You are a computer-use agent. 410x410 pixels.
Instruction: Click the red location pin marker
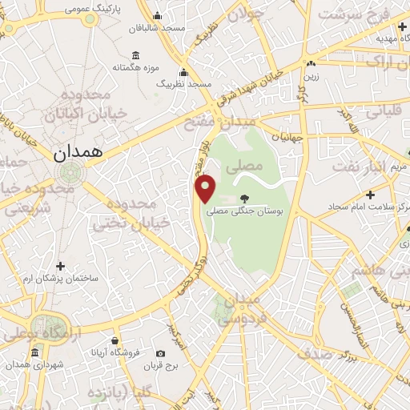[207, 188]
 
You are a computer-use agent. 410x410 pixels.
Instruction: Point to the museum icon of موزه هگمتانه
[135, 55]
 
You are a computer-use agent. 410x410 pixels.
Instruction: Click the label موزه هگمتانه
[133, 67]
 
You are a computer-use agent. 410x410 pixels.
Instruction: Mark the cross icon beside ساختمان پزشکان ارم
[61, 266]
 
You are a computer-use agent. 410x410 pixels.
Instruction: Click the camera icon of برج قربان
[161, 353]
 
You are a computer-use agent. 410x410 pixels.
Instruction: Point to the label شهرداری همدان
[35, 364]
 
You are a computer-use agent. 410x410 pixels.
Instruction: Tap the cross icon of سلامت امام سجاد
[370, 195]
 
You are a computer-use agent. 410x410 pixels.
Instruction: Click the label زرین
[310, 77]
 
